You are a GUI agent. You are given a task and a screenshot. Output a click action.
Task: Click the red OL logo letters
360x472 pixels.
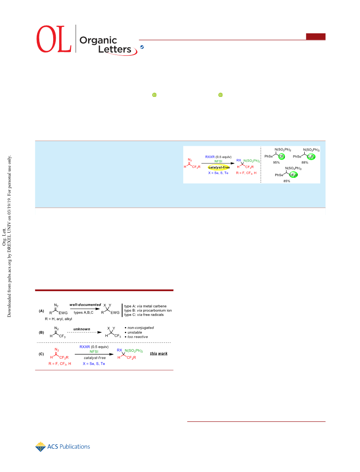coord(54,39)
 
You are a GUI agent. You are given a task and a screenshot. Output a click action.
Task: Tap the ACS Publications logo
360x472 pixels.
coord(63,447)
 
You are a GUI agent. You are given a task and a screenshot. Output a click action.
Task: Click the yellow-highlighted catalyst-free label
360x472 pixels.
coord(219,167)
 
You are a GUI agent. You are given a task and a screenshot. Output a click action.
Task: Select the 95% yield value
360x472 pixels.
coord(276,163)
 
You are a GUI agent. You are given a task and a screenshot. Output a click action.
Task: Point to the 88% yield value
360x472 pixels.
coord(305,163)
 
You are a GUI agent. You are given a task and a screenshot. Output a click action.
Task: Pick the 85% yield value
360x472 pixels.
coord(287,181)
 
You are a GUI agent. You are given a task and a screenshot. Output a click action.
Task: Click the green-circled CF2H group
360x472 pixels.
coord(293,175)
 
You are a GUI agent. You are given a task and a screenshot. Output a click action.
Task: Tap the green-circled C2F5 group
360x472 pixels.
coord(311,157)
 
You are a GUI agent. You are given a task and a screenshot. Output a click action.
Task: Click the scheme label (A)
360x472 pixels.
coord(41,311)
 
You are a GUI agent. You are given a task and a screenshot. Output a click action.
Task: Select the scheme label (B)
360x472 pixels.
coord(41,333)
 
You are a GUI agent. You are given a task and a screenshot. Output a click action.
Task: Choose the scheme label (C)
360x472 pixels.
coord(41,354)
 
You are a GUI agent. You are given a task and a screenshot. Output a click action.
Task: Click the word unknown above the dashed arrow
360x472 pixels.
coord(82,329)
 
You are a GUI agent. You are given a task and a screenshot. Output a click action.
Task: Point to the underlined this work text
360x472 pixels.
coord(159,353)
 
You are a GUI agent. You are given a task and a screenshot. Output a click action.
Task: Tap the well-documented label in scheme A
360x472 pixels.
coord(85,305)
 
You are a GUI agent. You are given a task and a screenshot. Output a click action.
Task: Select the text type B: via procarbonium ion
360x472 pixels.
coord(148,310)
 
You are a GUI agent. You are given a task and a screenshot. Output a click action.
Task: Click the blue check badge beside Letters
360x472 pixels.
coord(142,47)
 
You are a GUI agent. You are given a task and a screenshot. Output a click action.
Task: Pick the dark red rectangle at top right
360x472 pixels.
coord(316,36)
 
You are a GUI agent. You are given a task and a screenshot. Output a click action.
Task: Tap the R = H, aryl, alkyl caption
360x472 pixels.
coord(58,319)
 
